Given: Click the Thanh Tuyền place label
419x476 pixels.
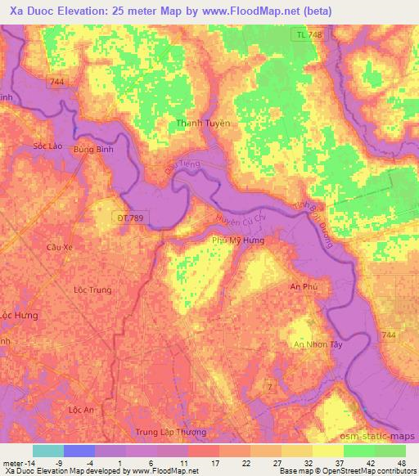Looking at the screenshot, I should click(204, 123).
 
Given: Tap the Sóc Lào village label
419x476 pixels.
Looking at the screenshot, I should click(47, 145).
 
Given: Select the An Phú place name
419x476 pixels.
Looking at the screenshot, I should click(303, 287).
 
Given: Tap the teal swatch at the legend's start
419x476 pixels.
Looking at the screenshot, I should click(47, 451).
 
